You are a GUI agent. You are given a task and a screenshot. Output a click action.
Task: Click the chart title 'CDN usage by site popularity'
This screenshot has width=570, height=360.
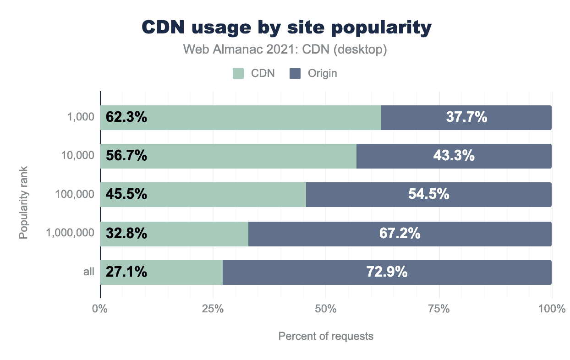coord(286,28)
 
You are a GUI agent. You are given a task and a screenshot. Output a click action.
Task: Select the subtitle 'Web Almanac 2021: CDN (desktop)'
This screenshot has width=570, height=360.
coord(285,49)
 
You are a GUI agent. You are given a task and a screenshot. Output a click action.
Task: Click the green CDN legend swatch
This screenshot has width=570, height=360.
coord(238,73)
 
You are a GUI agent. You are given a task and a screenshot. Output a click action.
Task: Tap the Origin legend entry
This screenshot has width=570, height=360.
coord(314,73)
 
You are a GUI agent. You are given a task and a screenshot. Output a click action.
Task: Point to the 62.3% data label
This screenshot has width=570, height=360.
coord(126,118)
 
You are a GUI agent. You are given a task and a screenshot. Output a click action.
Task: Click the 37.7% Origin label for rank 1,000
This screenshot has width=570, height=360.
coord(466,118)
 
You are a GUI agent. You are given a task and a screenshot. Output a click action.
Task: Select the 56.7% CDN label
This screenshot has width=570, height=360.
coord(126,156)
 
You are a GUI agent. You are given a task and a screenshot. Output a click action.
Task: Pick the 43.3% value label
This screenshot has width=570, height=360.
coord(454,156)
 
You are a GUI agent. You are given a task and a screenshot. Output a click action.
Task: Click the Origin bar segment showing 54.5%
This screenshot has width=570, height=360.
coord(428,195)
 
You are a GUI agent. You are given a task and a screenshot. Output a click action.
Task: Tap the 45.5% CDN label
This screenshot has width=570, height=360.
coord(126,195)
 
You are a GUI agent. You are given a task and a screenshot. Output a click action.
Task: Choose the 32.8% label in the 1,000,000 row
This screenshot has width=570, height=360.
coord(126,234)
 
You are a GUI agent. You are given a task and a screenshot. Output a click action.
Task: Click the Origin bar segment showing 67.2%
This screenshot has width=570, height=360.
coord(400,234)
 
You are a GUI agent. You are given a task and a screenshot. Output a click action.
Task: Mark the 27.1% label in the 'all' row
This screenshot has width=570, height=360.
coord(126,272)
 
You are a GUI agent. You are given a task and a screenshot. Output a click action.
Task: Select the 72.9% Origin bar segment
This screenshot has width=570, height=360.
coord(387,272)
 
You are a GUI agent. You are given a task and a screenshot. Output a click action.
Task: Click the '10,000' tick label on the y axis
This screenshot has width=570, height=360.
coord(78,156)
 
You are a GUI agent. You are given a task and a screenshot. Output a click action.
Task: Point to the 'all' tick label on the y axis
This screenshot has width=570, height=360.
coord(89,272)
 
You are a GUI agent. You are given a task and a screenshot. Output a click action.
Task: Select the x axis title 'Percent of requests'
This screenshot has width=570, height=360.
coord(326,336)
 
